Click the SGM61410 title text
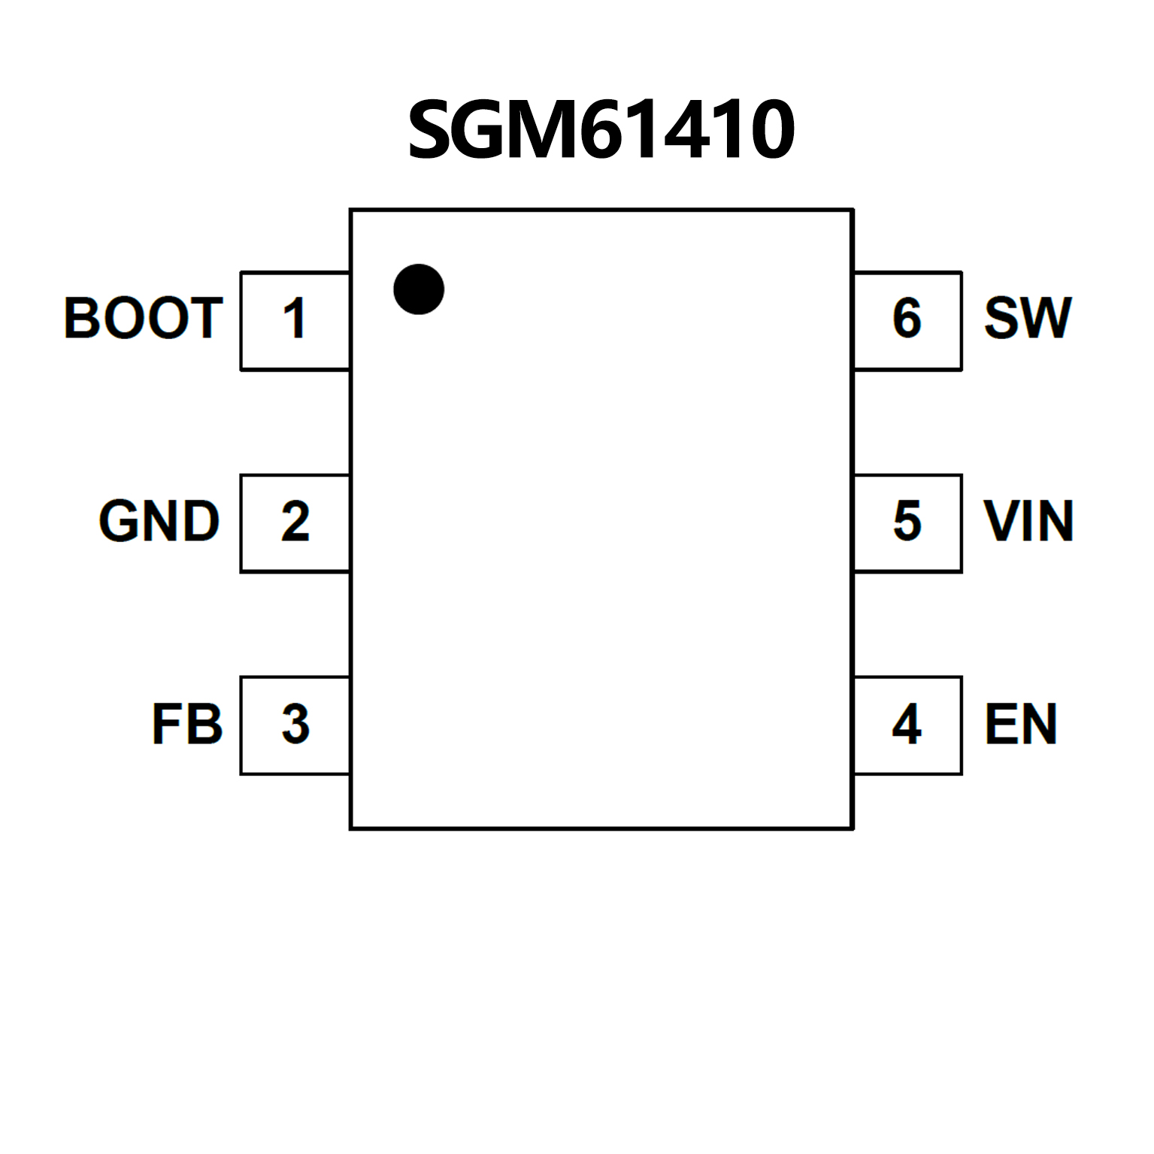tap(601, 130)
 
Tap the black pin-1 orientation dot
tap(419, 289)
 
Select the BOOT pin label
tap(144, 318)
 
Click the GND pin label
tap(159, 521)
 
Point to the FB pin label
tap(187, 725)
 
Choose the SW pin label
tap(1027, 318)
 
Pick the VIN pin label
tap(1028, 521)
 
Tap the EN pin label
tap(1021, 725)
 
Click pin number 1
tap(295, 319)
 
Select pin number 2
tap(295, 522)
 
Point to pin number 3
tap(295, 725)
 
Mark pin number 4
tap(907, 725)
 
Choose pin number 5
tap(907, 521)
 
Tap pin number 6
tap(907, 318)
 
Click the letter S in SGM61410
tap(432, 130)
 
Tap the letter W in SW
tap(1046, 318)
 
